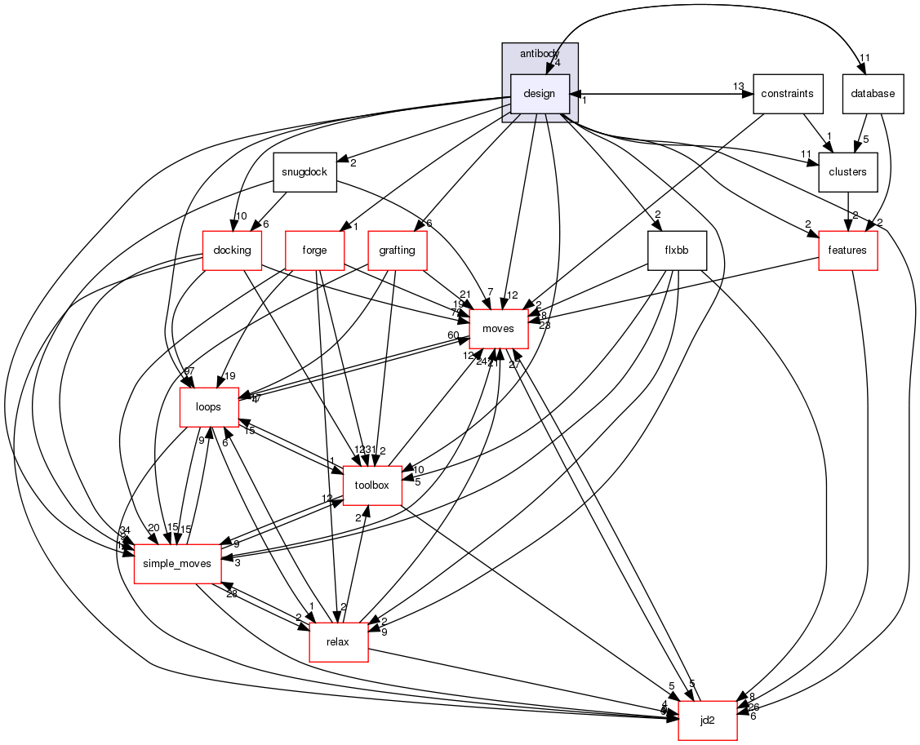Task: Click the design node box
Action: pos(539,93)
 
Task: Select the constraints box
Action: pos(787,93)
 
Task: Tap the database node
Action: pos(872,93)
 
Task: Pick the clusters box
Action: pos(847,172)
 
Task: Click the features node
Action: pos(847,251)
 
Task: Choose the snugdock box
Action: pos(305,172)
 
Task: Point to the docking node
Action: pos(232,251)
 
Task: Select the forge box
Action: pos(314,251)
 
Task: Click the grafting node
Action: pos(398,251)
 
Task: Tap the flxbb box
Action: pos(677,251)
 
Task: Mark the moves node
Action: pos(498,329)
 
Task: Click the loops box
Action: pos(209,406)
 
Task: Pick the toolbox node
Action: pos(372,485)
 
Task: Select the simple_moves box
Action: pos(177,563)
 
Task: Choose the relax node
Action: pos(337,641)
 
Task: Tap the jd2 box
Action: pos(708,720)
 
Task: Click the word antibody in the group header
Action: pos(538,53)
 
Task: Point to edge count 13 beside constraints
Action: pos(738,86)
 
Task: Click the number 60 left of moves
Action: pos(452,335)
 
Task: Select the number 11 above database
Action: pos(865,57)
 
